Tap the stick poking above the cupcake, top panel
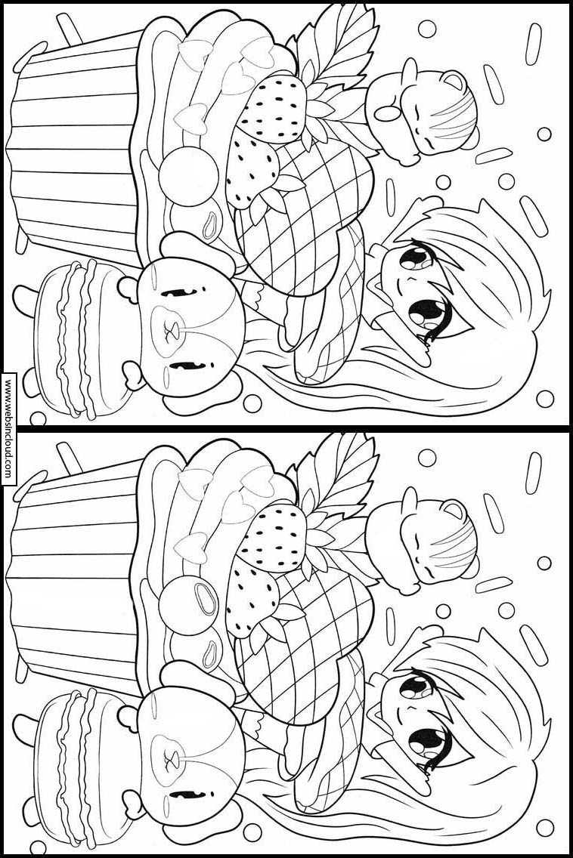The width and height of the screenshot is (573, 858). coord(69,27)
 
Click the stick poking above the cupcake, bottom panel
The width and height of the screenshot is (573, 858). coord(69,458)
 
